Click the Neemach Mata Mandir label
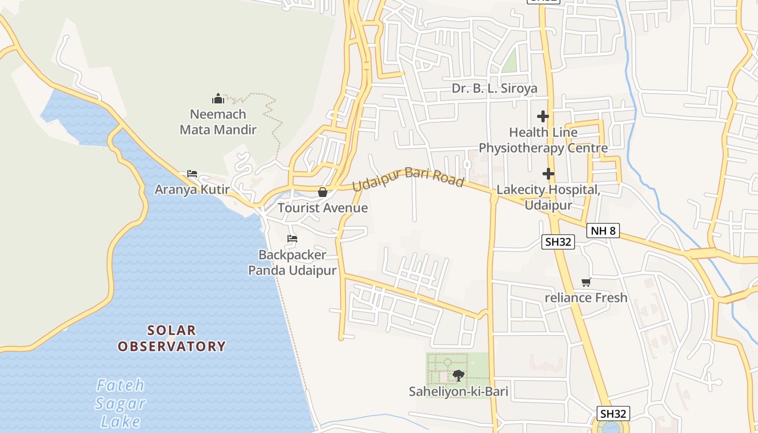[x=218, y=122]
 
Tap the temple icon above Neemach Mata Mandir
[x=218, y=99]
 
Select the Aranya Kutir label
[x=192, y=190]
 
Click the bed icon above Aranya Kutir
[x=192, y=174]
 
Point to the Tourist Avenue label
[x=323, y=208]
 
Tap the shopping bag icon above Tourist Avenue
[x=323, y=192]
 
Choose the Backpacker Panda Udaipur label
[x=292, y=263]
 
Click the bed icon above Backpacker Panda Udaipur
[x=292, y=239]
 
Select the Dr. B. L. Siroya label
[x=495, y=88]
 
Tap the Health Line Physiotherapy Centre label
[x=543, y=140]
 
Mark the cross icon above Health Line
[x=543, y=116]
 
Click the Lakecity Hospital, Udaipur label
[x=548, y=198]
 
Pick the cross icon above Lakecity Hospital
[x=548, y=174]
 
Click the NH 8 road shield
[x=603, y=231]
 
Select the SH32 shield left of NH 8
[x=558, y=242]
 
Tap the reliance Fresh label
[x=586, y=298]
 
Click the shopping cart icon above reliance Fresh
[x=586, y=282]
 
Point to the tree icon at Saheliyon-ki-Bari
[x=459, y=375]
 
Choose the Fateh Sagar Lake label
[x=121, y=403]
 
